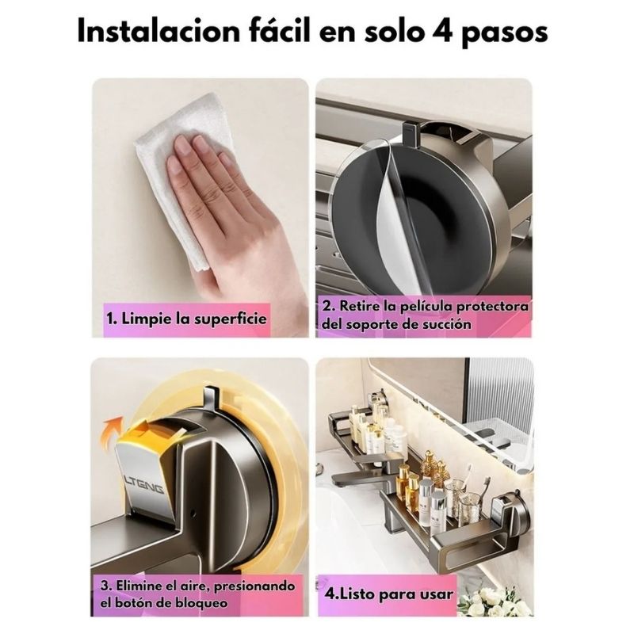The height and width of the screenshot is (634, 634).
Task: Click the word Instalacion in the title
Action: tap(159, 30)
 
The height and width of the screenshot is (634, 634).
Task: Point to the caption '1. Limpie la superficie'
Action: tap(186, 319)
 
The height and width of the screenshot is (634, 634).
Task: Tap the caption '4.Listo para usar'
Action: tap(388, 594)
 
